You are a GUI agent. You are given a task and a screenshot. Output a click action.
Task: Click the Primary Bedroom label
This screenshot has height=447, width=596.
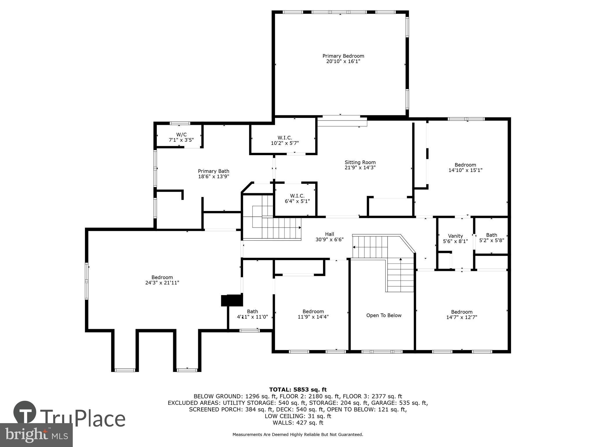(343, 56)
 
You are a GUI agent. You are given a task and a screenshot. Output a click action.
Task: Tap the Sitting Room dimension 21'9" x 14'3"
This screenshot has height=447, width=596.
(360, 168)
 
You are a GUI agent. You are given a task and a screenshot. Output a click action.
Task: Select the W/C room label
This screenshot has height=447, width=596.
(181, 134)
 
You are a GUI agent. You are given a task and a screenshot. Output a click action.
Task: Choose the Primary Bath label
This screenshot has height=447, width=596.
(214, 171)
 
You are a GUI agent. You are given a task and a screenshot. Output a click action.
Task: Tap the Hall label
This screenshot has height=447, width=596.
(329, 234)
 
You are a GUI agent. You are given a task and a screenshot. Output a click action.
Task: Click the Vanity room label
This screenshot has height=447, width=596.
(455, 236)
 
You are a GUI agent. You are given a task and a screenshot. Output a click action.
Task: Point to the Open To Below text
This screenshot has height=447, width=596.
(384, 315)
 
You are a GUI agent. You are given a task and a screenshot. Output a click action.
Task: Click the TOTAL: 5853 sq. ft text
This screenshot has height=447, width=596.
(298, 390)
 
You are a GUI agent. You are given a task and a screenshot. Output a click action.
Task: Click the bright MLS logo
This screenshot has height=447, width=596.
(36, 435)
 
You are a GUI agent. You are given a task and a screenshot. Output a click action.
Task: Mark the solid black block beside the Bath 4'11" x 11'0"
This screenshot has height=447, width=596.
(232, 300)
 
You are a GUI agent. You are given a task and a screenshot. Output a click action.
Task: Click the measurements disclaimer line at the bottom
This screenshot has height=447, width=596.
(298, 435)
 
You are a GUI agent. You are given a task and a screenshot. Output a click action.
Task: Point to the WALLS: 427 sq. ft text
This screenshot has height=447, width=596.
(298, 423)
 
